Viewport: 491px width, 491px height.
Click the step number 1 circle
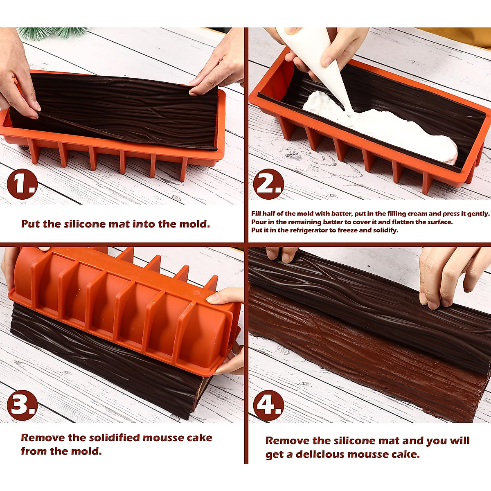coord(22,184)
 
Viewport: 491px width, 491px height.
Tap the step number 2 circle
coord(268,184)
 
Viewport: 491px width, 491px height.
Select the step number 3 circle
coord(22,405)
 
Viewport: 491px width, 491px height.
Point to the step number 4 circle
coord(268,405)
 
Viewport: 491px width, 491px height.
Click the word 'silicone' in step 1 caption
coord(84,224)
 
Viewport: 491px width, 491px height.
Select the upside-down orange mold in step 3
coord(123,311)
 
